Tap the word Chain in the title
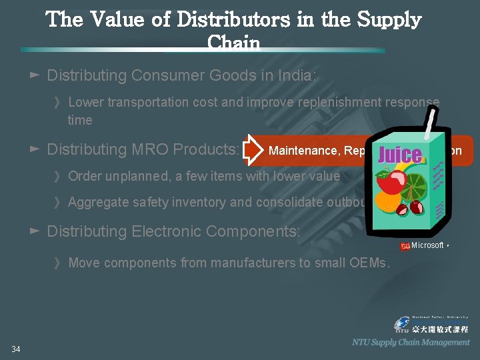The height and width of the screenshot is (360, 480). click(x=233, y=43)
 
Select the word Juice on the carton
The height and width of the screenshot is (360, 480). click(x=400, y=155)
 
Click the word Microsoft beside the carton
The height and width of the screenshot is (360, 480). click(x=427, y=245)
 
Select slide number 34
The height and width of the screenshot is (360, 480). click(x=16, y=349)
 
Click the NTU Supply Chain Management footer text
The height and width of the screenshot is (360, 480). click(x=411, y=342)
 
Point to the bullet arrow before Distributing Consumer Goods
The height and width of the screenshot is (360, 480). click(x=35, y=75)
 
